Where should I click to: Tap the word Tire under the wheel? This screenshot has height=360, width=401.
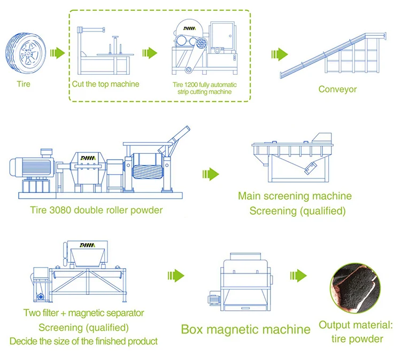pyautogui.click(x=23, y=84)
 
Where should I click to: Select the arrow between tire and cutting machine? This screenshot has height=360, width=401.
pyautogui.click(x=57, y=53)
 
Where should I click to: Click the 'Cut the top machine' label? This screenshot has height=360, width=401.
pyautogui.click(x=106, y=84)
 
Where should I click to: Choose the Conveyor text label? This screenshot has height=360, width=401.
pyautogui.click(x=337, y=89)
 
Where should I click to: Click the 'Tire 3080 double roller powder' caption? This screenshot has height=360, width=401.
pyautogui.click(x=96, y=210)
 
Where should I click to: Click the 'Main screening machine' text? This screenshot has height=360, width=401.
pyautogui.click(x=295, y=196)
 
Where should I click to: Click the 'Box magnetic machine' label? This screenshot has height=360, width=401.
pyautogui.click(x=245, y=328)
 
